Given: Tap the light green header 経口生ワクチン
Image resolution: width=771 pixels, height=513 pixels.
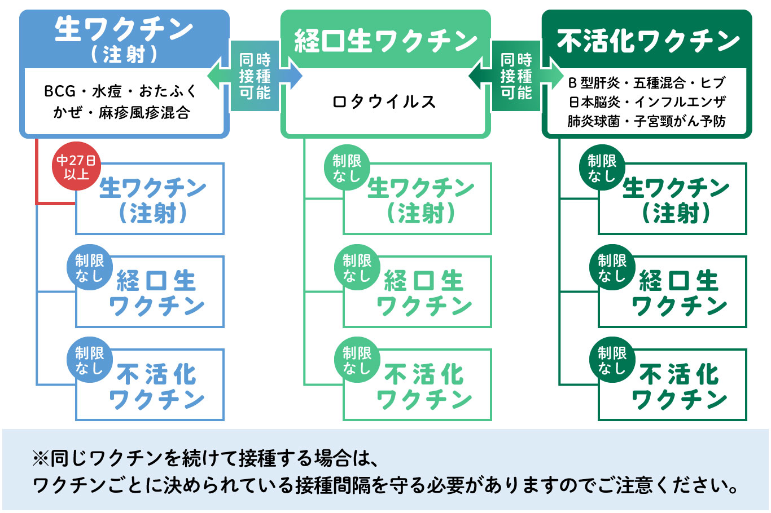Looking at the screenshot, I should [385, 41].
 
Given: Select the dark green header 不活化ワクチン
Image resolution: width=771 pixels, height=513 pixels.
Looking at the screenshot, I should [648, 41].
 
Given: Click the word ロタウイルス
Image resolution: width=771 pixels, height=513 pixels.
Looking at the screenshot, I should [385, 102].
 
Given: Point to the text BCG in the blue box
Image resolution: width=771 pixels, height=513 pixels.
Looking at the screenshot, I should [59, 91].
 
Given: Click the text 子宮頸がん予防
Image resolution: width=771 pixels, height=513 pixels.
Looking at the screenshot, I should [680, 121].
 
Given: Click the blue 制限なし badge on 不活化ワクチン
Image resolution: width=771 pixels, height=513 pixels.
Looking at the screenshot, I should [89, 361].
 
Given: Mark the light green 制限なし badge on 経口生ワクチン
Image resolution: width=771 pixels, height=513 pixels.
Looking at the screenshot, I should [357, 268].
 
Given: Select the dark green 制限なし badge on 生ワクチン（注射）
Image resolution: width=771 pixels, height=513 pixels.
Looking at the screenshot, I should [602, 169].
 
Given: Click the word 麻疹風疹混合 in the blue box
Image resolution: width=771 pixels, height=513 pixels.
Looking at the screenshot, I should [144, 113].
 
